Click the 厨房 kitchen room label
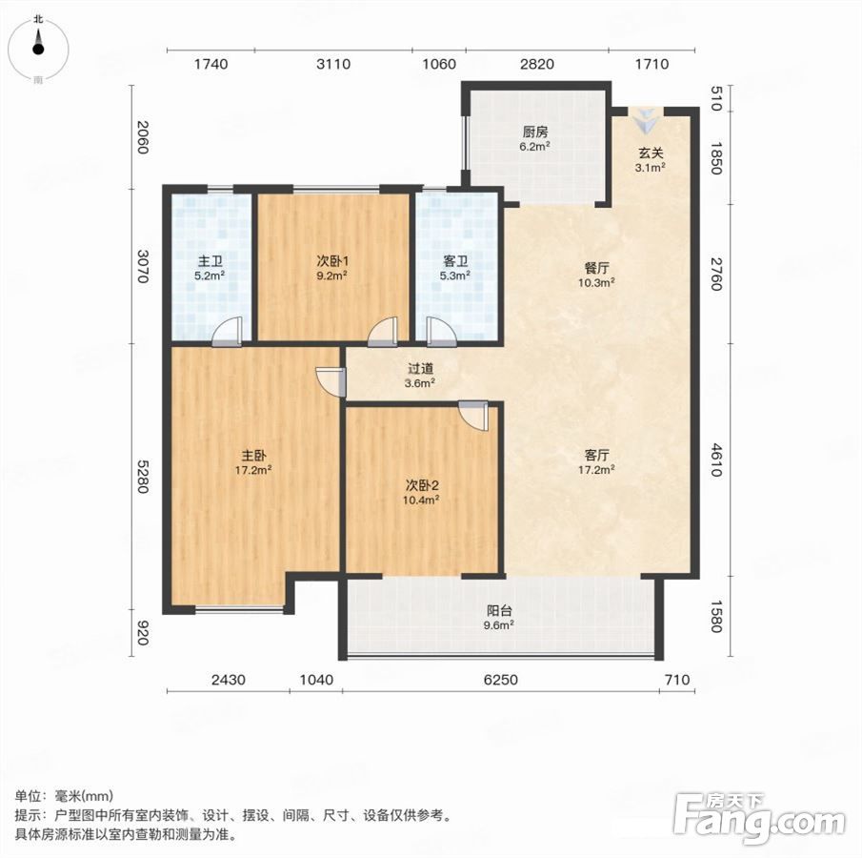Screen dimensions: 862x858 [x=535, y=133]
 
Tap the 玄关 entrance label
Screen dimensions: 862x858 [x=651, y=153]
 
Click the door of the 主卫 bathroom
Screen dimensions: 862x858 [x=227, y=333]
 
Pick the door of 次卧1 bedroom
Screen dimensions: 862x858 [x=383, y=333]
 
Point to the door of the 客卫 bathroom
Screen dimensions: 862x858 [x=441, y=333]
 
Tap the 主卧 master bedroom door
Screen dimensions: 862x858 [x=331, y=382]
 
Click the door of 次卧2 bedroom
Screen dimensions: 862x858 [x=473, y=416]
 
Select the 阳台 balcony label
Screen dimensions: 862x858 [x=500, y=610]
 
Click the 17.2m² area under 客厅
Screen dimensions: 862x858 [x=596, y=469]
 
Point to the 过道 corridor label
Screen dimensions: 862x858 [x=421, y=369]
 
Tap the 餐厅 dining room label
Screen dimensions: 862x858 [x=596, y=269]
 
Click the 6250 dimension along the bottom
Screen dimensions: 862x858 [x=501, y=680]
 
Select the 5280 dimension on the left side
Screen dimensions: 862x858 [x=142, y=478]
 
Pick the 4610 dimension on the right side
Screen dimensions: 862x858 [x=715, y=460]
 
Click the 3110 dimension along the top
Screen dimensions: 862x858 [x=333, y=65]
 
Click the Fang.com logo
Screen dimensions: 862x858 [x=759, y=818]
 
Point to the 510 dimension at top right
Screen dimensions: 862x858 [x=715, y=98]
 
